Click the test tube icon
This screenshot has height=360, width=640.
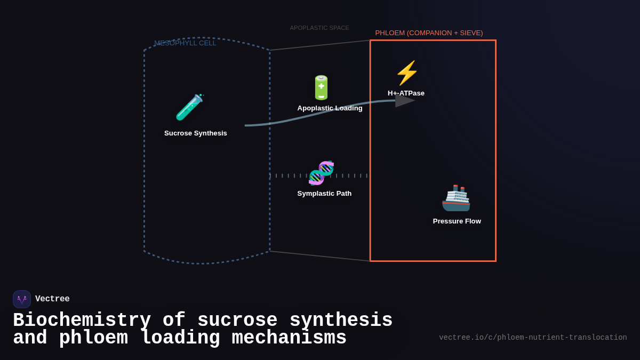(x=189, y=107)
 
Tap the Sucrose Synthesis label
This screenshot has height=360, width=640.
(x=196, y=133)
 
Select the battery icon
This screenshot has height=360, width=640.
(x=321, y=88)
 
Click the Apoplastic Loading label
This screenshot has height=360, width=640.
(x=330, y=108)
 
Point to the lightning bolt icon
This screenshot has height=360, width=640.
(x=407, y=73)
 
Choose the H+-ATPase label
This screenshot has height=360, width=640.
(x=406, y=93)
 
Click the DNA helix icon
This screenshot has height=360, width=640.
(x=321, y=173)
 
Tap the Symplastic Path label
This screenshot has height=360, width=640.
(x=324, y=194)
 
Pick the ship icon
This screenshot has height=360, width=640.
(x=456, y=198)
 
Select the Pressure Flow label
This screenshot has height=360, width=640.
(x=457, y=221)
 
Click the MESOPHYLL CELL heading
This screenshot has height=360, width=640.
(x=185, y=43)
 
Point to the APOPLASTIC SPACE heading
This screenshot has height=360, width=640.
(x=319, y=28)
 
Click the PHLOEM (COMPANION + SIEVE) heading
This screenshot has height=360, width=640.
(x=429, y=33)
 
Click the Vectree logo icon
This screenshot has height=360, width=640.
(x=22, y=299)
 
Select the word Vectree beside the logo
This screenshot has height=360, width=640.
(x=52, y=299)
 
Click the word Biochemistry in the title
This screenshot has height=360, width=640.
(x=82, y=321)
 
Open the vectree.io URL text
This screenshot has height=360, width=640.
(x=533, y=338)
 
